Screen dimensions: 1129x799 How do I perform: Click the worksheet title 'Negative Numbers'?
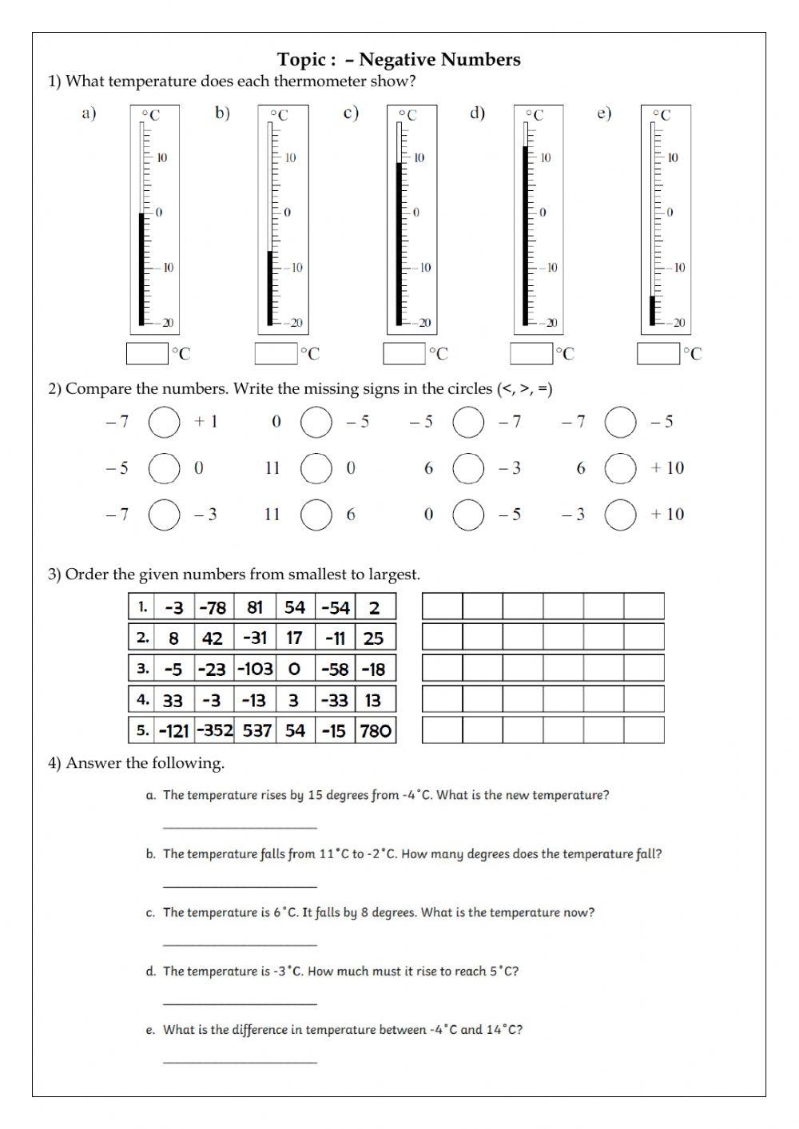pyautogui.click(x=439, y=59)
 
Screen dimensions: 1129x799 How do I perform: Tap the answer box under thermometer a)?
pyautogui.click(x=147, y=353)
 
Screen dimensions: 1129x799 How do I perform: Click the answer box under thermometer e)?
pyautogui.click(x=658, y=353)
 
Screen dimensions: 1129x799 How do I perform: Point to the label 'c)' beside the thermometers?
pyautogui.click(x=350, y=113)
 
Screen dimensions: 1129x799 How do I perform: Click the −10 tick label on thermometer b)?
pyautogui.click(x=296, y=268)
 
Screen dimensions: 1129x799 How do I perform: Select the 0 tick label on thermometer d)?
pyautogui.click(x=543, y=213)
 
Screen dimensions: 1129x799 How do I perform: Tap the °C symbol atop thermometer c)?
pyautogui.click(x=407, y=116)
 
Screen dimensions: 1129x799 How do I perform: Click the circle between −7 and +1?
pyautogui.click(x=164, y=422)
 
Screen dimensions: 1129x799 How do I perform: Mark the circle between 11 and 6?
pyautogui.click(x=316, y=515)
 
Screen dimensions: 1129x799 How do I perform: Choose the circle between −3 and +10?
pyautogui.click(x=620, y=515)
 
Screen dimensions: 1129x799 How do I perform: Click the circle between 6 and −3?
pyautogui.click(x=468, y=468)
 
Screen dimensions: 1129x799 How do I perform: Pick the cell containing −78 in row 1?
pyautogui.click(x=213, y=607)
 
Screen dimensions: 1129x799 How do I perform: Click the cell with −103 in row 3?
pyautogui.click(x=255, y=669)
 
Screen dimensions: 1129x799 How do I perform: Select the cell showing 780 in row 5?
pyautogui.click(x=376, y=730)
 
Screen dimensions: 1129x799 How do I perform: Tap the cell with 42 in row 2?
pyautogui.click(x=213, y=638)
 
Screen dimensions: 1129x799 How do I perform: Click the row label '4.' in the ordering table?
pyautogui.click(x=143, y=699)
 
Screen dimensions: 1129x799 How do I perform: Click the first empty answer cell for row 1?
pyautogui.click(x=442, y=606)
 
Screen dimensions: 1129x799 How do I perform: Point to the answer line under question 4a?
pyautogui.click(x=240, y=825)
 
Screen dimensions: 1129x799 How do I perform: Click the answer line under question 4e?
pyautogui.click(x=240, y=1060)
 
